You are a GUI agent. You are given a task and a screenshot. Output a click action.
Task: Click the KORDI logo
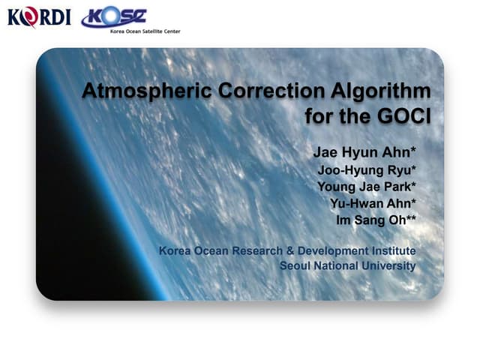pyautogui.click(x=39, y=17)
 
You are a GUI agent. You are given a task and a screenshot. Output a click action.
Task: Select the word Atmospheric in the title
pyautogui.click(x=142, y=91)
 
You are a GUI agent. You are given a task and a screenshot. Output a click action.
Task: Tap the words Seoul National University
pyautogui.click(x=347, y=265)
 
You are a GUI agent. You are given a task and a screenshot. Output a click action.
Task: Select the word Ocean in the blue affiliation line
pyautogui.click(x=213, y=250)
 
